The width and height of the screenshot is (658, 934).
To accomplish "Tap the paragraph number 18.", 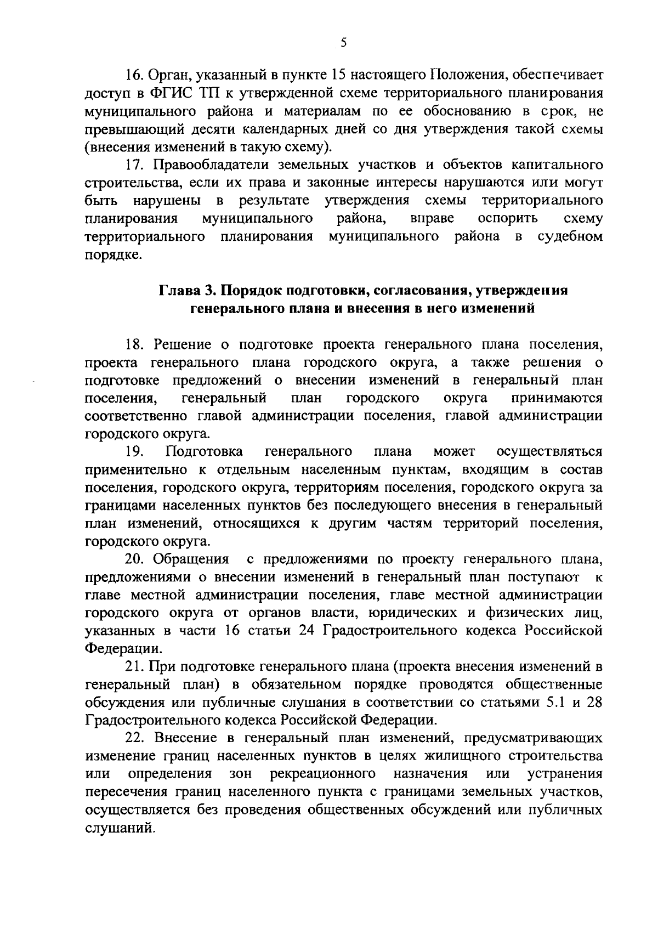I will click(134, 344).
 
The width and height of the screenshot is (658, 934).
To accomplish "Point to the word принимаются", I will click(557, 398).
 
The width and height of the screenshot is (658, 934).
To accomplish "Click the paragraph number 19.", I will click(134, 451).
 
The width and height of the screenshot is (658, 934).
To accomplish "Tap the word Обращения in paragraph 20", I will click(191, 559).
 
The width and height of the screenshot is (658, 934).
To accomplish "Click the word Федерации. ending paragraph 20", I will click(124, 649).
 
